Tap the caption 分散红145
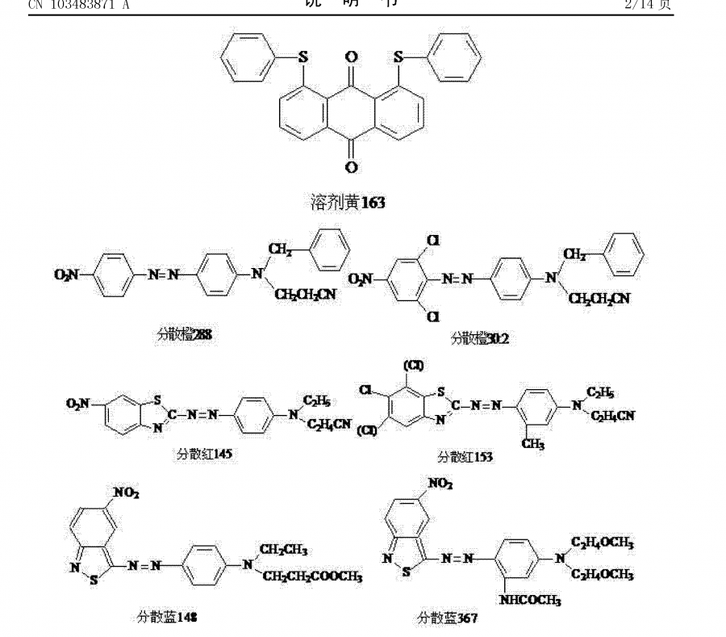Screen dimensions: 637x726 [206, 454]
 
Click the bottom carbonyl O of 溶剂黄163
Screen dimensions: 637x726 [351, 167]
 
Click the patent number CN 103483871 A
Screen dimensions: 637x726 [78, 6]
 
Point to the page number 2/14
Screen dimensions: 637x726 [648, 6]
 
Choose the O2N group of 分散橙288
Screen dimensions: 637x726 [67, 275]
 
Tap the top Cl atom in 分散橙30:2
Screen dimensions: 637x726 [433, 241]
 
